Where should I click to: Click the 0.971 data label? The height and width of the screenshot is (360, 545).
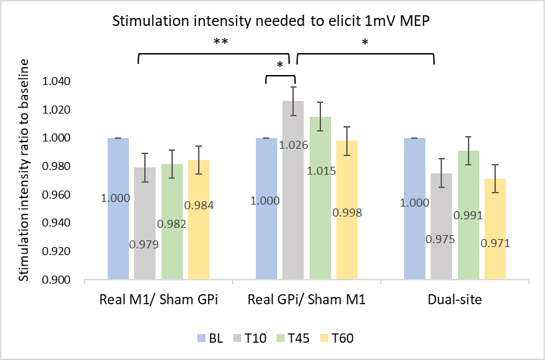(x=495, y=243)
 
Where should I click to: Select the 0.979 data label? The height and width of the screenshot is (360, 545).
(x=145, y=244)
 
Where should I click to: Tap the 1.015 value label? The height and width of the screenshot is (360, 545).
(x=321, y=171)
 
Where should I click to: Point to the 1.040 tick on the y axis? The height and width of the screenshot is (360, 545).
(x=56, y=82)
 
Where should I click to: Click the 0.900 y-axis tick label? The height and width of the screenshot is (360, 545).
(x=56, y=280)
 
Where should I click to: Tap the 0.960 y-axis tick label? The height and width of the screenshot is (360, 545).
(x=56, y=195)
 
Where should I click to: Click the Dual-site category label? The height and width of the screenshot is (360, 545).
(x=455, y=300)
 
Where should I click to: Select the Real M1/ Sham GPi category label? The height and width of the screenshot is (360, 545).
(x=158, y=300)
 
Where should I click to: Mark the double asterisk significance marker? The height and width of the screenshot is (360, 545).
(x=221, y=42)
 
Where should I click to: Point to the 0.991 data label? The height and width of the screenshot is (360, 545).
(x=468, y=216)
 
